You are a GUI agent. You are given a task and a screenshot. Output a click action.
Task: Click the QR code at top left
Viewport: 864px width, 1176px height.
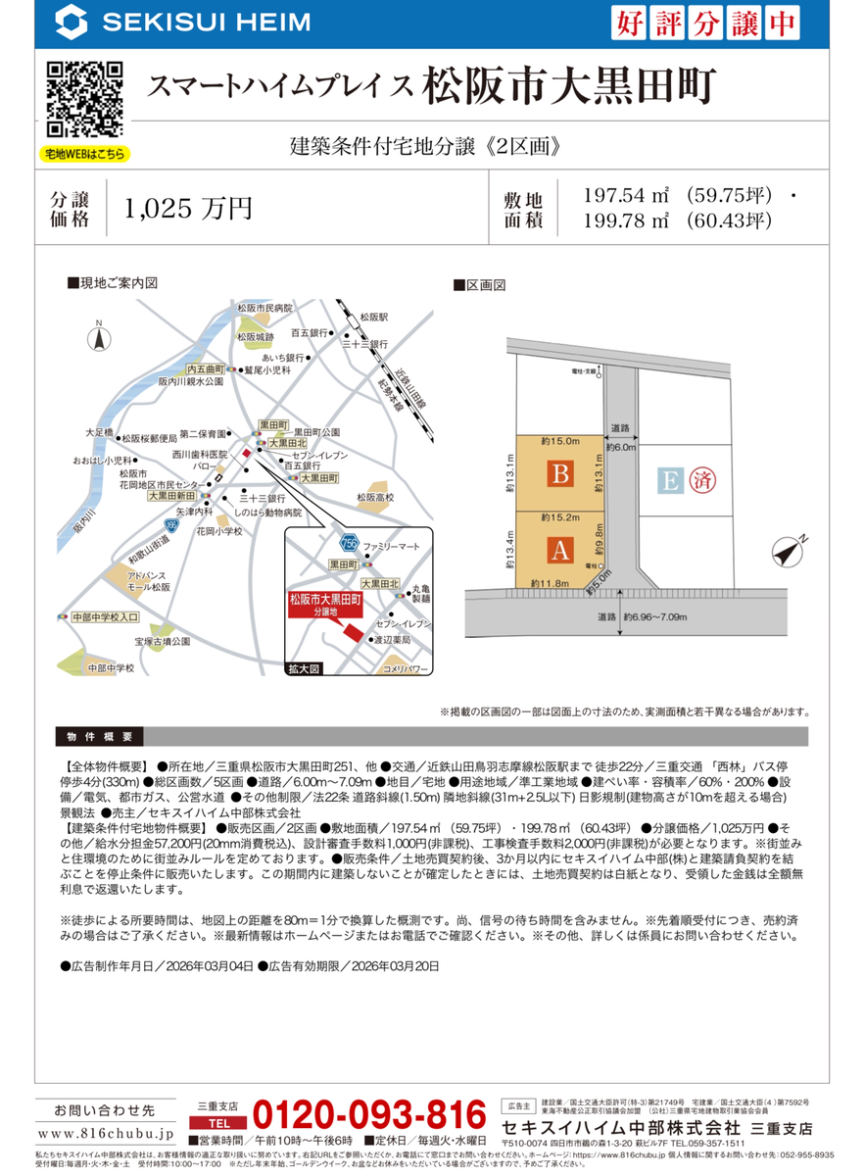tap(85, 98)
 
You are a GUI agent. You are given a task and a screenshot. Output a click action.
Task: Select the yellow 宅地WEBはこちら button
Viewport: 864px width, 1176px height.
tap(85, 154)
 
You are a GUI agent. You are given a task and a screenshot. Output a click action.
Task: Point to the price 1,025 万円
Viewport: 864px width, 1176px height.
tap(189, 208)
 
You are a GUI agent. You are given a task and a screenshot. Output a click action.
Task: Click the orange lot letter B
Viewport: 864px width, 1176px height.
tap(559, 474)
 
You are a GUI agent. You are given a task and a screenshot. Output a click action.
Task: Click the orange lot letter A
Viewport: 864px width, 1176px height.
tap(559, 550)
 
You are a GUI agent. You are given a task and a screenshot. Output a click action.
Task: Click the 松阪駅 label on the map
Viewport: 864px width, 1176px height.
tap(373, 318)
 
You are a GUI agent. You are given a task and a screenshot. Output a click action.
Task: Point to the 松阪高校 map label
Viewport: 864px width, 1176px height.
tap(375, 498)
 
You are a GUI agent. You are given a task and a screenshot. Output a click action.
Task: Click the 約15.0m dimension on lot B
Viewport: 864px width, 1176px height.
tap(560, 442)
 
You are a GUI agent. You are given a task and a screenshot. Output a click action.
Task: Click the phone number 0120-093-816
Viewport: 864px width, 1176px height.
tap(369, 1114)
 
